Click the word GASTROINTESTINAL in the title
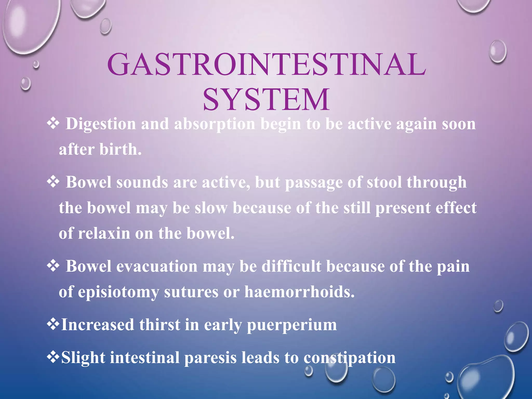pyautogui.click(x=267, y=64)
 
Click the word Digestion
pyautogui.click(x=101, y=124)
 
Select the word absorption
pyautogui.click(x=215, y=124)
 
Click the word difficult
pyautogui.click(x=291, y=267)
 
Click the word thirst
pyautogui.click(x=159, y=325)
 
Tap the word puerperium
pyautogui.click(x=291, y=325)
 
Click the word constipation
pyautogui.click(x=349, y=358)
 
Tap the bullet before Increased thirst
pyautogui.click(x=53, y=324)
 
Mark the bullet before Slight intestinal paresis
pyautogui.click(x=53, y=357)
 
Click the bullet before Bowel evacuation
pyautogui.click(x=53, y=266)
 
